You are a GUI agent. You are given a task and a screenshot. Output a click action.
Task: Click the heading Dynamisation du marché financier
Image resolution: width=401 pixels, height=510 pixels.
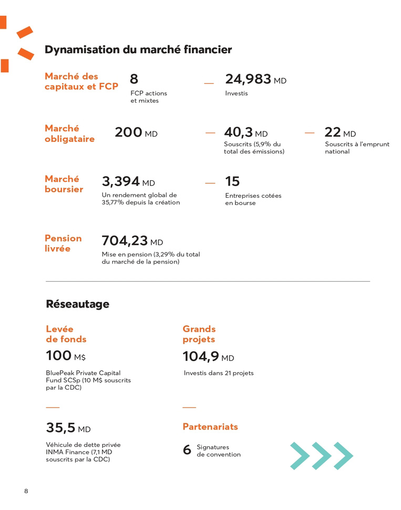tap(138, 49)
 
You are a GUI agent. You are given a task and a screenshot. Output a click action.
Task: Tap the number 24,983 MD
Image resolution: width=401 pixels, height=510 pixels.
tap(255, 80)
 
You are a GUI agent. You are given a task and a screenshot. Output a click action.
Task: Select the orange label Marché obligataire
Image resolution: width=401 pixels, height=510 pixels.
tap(70, 134)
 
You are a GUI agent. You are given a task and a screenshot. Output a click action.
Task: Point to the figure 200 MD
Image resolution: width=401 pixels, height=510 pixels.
tap(136, 133)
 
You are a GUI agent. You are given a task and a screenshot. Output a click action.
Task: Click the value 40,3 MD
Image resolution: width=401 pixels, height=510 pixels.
tap(245, 133)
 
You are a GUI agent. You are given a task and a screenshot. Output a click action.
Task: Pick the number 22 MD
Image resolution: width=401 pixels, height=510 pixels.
tap(340, 133)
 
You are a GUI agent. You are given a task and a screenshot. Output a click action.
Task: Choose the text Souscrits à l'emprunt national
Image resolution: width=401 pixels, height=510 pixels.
tap(357, 148)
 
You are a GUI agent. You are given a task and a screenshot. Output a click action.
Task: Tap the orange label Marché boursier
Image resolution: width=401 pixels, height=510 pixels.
tap(64, 184)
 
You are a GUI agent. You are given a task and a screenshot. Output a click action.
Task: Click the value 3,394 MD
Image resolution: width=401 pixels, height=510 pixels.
tap(128, 182)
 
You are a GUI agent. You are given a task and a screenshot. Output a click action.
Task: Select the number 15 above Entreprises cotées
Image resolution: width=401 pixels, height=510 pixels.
tap(232, 182)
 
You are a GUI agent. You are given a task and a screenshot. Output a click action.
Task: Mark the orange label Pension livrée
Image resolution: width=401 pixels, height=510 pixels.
tap(63, 243)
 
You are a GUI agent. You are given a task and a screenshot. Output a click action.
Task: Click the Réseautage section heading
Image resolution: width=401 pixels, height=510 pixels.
tap(77, 304)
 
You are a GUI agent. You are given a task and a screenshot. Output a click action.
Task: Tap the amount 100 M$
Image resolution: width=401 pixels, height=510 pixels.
tap(66, 356)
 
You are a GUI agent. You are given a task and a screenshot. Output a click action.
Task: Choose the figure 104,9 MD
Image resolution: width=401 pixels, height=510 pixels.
tap(208, 357)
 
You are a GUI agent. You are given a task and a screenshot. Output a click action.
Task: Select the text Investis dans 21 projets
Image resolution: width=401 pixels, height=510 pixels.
tap(219, 373)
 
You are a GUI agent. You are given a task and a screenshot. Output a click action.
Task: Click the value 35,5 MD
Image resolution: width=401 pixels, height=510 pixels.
tap(68, 428)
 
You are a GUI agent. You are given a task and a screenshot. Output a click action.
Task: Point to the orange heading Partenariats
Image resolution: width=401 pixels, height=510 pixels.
tap(210, 426)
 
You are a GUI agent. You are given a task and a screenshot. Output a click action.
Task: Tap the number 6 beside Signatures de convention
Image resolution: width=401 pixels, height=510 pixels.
tap(187, 450)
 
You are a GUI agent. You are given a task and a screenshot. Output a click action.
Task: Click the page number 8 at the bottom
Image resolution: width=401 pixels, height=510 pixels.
tap(26, 491)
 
